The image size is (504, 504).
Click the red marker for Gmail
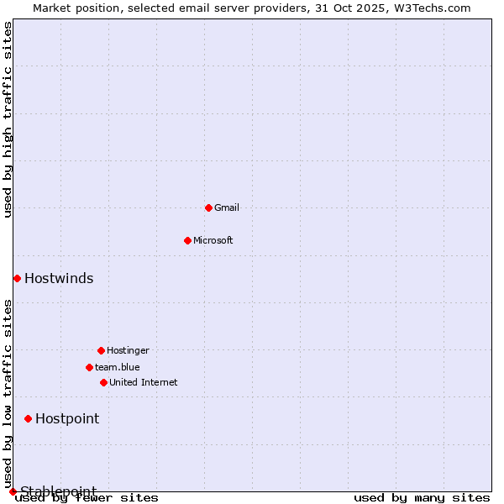pos(208,207)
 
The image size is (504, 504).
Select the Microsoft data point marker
pos(187,240)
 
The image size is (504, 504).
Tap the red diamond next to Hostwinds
pos(17,278)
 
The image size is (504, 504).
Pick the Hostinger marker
pos(101,350)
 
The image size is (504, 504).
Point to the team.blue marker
pos(89,367)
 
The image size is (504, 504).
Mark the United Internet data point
pos(103,382)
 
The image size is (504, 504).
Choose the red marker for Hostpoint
pos(28,418)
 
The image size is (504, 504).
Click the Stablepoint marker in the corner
pos(13,491)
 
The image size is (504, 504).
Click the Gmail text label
pos(227,207)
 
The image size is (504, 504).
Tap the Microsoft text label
pos(213,240)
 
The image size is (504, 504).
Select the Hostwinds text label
pos(59,279)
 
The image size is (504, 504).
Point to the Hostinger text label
pos(128,350)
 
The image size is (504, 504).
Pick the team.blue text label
pos(118,367)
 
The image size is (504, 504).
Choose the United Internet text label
pos(144,382)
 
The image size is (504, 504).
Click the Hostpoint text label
pos(67,419)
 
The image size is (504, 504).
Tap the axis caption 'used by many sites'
pos(422,498)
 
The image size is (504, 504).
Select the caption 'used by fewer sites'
pos(87,498)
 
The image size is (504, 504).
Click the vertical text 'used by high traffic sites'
pos(8,119)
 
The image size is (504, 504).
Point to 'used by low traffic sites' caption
pos(8,393)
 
